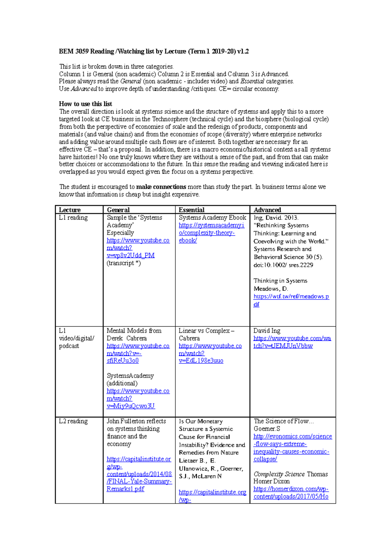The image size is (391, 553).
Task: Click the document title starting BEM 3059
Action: click(x=153, y=51)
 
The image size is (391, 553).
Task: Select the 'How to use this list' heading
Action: click(x=85, y=104)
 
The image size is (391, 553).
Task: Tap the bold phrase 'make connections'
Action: click(x=161, y=187)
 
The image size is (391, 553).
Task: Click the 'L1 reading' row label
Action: click(x=73, y=218)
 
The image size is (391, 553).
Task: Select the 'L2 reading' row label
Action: click(x=73, y=421)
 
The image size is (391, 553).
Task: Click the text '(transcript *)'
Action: click(x=123, y=263)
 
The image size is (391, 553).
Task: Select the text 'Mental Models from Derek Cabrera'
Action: click(x=134, y=334)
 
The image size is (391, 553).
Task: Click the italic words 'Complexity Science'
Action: click(x=279, y=474)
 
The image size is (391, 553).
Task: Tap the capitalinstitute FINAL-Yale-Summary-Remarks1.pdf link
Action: click(x=139, y=474)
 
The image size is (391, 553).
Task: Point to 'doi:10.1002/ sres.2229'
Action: click(x=283, y=265)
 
